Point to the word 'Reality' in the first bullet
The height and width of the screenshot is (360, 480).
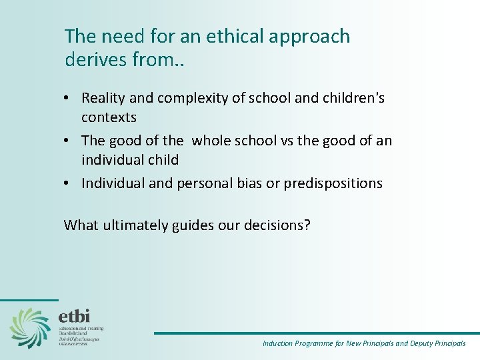tap(104, 98)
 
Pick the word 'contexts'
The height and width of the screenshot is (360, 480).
tap(109, 117)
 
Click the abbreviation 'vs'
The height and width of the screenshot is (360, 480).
tap(289, 141)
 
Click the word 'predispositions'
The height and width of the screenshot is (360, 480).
tap(333, 183)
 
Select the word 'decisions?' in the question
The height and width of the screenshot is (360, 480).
tap(277, 225)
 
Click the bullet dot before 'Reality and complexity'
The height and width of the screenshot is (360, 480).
tap(69, 99)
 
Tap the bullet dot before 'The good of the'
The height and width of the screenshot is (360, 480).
tap(69, 141)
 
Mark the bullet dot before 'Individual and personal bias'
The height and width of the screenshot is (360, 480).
tap(69, 184)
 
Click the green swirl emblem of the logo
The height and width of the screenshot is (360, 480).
tap(30, 327)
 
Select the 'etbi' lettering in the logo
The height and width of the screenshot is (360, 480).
tap(74, 315)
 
